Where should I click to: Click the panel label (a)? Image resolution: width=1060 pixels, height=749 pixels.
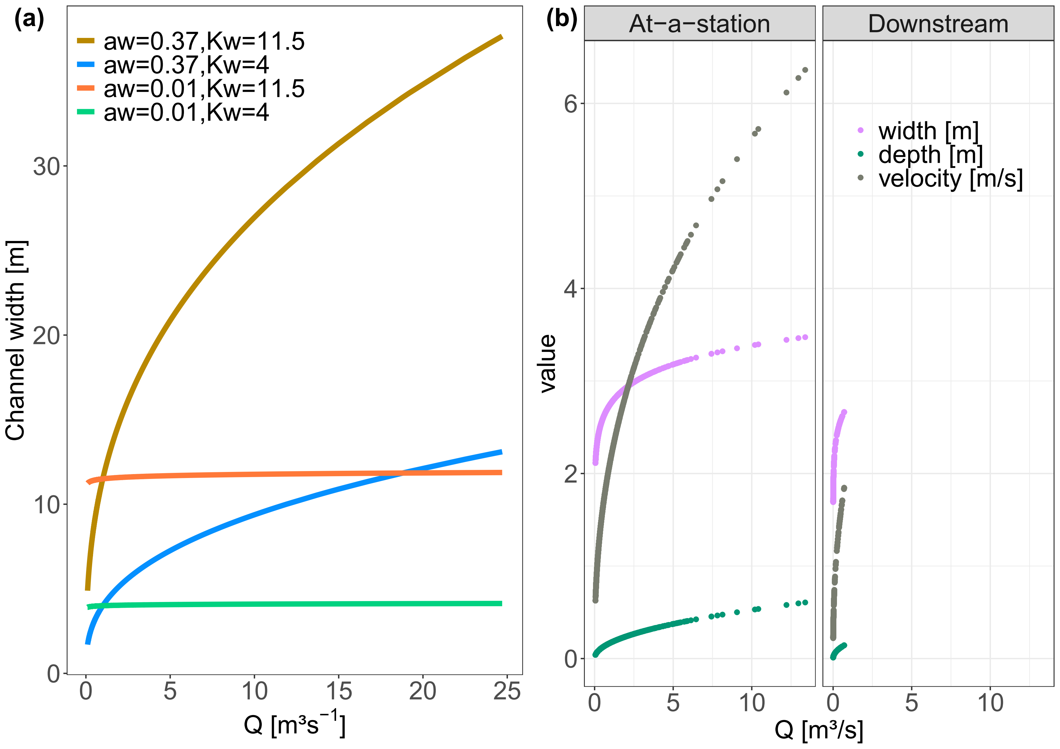29,20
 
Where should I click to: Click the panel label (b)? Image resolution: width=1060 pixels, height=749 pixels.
562,20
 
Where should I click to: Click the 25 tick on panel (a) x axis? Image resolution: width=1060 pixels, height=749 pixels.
506,691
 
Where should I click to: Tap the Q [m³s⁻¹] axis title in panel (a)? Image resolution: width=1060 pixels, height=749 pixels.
295,724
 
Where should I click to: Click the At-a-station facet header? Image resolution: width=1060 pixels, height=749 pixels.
699,24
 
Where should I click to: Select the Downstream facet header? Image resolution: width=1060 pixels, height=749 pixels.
938,24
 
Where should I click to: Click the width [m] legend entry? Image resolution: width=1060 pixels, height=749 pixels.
928,131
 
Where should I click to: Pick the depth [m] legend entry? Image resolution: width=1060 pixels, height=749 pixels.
930,155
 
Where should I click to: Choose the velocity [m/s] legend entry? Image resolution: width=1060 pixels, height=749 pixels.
950,178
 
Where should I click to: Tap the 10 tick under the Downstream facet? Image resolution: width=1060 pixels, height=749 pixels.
990,703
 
